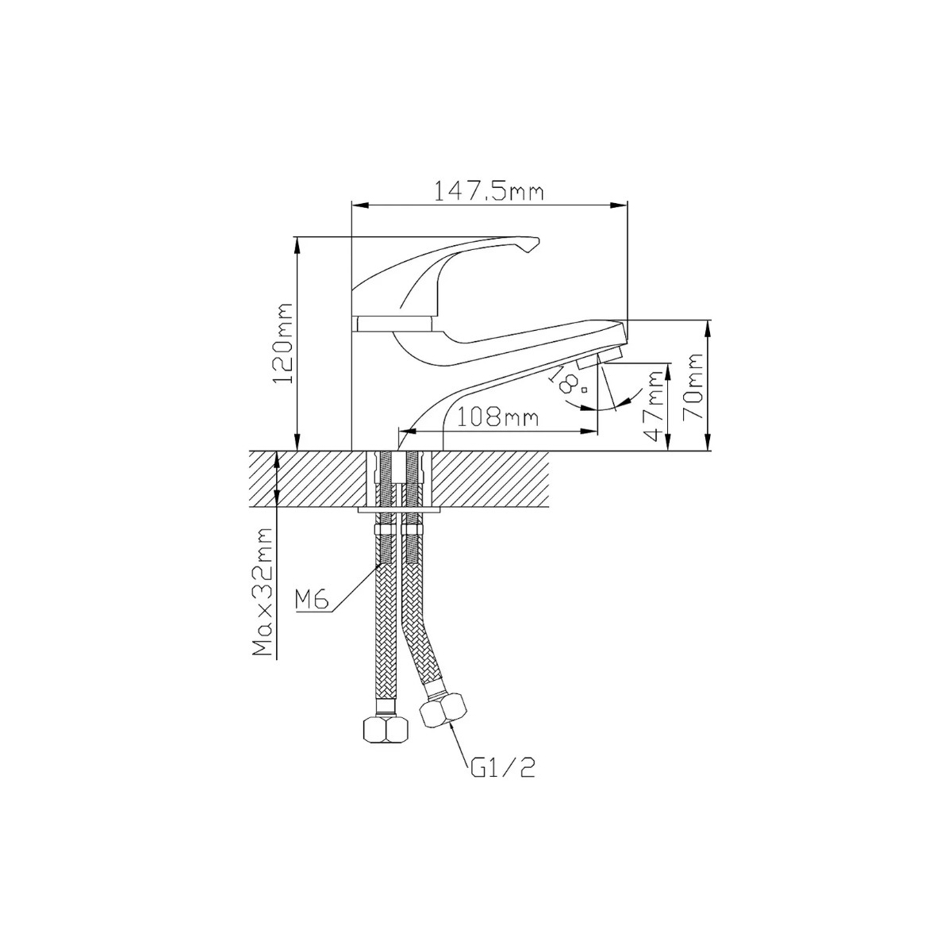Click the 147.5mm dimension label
[x=489, y=192]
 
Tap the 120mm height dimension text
[x=284, y=344]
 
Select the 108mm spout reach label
[x=497, y=418]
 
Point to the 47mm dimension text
[x=655, y=406]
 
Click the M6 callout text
[x=312, y=600]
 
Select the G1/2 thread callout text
[x=502, y=781]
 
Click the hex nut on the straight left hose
[x=386, y=728]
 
